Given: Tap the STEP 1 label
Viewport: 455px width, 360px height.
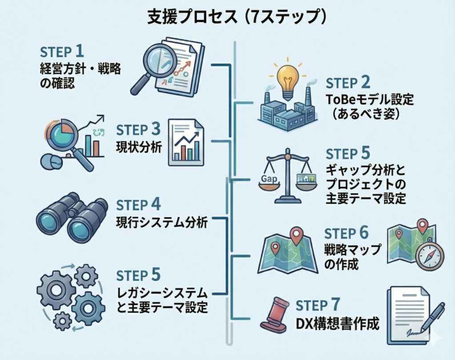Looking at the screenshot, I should click(61, 51).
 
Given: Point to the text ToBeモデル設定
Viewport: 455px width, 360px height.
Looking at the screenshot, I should click(369, 99).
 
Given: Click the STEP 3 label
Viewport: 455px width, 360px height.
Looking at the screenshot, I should click(138, 130).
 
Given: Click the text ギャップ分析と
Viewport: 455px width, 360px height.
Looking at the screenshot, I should click(363, 170).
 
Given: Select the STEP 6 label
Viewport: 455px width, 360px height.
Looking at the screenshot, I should click(347, 233).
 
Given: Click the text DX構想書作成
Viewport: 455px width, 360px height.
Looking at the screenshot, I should click(337, 324).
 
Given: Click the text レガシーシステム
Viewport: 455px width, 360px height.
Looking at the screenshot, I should click(162, 292).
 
